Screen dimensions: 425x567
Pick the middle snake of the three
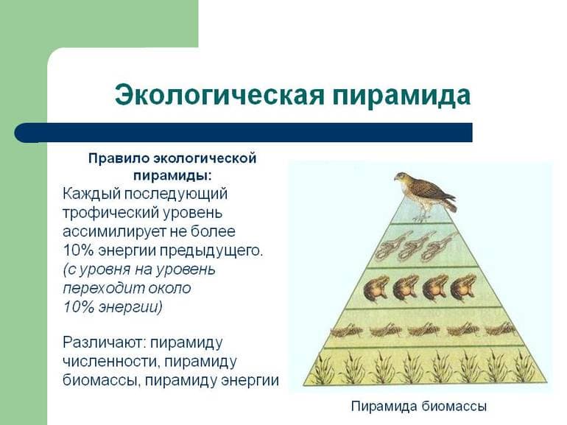tap(412, 247)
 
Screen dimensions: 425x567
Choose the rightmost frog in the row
tap(463, 287)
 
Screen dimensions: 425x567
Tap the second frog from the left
tap(404, 287)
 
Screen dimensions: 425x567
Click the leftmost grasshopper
tap(346, 329)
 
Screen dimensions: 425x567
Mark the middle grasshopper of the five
tap(423, 329)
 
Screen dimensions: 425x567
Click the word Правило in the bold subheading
tap(118, 158)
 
